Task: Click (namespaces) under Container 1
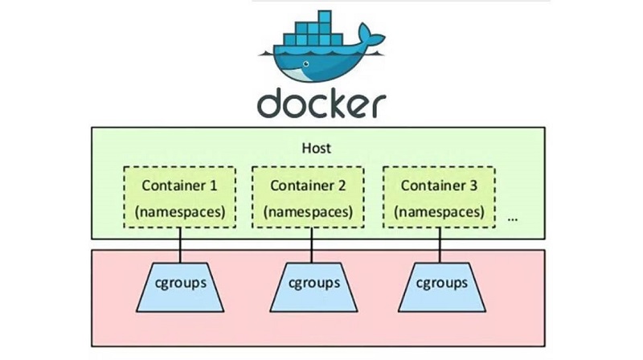click(179, 213)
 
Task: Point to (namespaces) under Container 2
click(308, 213)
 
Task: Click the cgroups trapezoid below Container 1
click(179, 283)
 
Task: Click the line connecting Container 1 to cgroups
click(179, 245)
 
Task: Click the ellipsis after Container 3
click(513, 218)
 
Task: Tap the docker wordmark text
click(321, 102)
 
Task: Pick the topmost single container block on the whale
click(324, 16)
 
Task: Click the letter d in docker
click(272, 101)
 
